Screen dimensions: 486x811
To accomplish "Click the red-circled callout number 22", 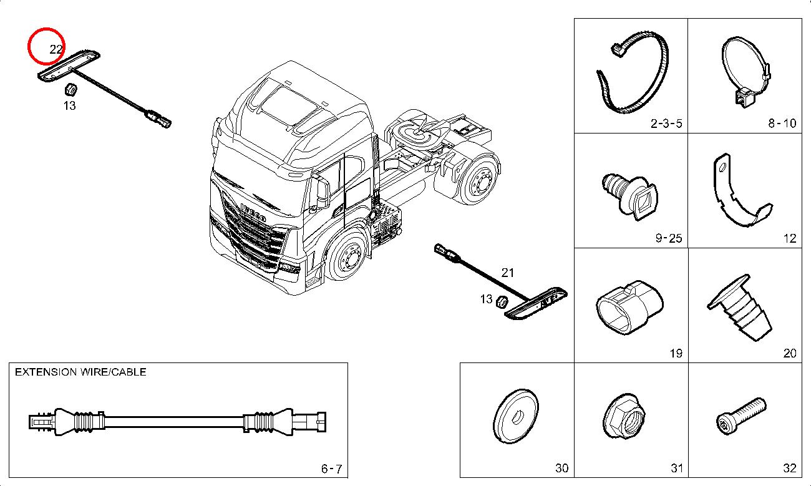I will [55, 49].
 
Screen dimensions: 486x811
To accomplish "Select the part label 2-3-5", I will [666, 124].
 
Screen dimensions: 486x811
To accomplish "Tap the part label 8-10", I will [782, 124].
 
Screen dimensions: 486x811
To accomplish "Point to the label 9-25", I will [668, 238].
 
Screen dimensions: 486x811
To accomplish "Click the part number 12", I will [789, 238].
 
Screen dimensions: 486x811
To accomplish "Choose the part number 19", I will [676, 354].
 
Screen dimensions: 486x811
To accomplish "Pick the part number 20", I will [789, 354].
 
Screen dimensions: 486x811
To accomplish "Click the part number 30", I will [561, 469].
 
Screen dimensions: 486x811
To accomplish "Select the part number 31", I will [676, 469].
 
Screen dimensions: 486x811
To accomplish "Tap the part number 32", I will [789, 469].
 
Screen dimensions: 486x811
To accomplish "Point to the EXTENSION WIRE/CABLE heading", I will [80, 372].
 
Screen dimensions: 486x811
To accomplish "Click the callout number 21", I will [508, 273].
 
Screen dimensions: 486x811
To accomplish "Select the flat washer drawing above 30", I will [516, 416].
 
